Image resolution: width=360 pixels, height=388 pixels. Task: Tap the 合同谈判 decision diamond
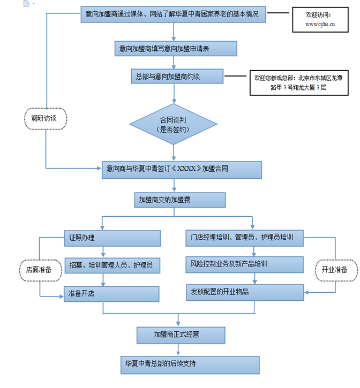tap(172, 124)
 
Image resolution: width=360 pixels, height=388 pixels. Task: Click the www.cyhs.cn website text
tap(320, 24)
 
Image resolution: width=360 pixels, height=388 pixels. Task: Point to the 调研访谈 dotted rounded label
tap(46, 119)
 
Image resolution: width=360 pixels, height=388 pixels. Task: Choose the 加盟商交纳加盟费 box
tap(180, 200)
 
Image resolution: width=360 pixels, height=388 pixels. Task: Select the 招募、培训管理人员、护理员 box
tap(112, 265)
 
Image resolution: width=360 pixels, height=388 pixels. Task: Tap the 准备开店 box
tap(112, 294)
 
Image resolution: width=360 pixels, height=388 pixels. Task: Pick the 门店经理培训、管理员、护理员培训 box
tap(244, 237)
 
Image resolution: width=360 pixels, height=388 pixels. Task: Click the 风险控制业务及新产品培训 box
tap(244, 264)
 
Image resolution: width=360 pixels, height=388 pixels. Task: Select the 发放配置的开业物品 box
tap(244, 292)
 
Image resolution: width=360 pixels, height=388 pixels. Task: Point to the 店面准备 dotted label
tap(39, 270)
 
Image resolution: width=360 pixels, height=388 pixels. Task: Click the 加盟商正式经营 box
tap(180, 335)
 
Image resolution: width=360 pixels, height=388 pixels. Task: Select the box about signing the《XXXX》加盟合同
tap(181, 169)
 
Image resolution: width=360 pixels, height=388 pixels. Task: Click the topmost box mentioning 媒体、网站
tap(174, 14)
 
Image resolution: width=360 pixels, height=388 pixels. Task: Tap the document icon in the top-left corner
tap(26, 4)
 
